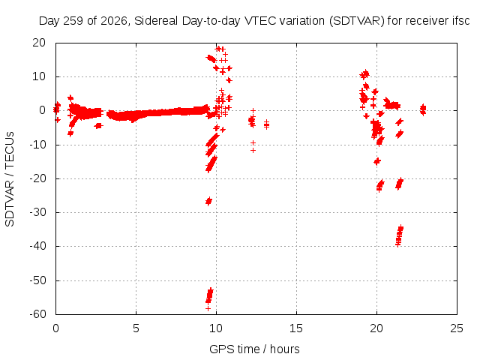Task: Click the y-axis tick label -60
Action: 38,314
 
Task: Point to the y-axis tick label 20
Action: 39,43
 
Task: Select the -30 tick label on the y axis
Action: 38,212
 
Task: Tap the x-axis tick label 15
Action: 296,328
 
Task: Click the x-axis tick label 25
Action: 457,328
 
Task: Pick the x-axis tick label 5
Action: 136,328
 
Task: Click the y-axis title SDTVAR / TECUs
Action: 10,179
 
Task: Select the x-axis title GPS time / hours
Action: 254,349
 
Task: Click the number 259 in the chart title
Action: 73,21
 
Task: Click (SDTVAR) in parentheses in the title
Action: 357,21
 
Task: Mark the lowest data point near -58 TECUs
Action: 208,308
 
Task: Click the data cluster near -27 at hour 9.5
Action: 208,201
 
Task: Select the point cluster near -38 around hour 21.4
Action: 400,235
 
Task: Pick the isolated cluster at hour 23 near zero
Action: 423,109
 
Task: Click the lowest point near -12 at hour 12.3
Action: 253,150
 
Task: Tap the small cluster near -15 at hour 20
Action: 377,161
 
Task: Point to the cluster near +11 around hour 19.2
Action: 364,74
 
